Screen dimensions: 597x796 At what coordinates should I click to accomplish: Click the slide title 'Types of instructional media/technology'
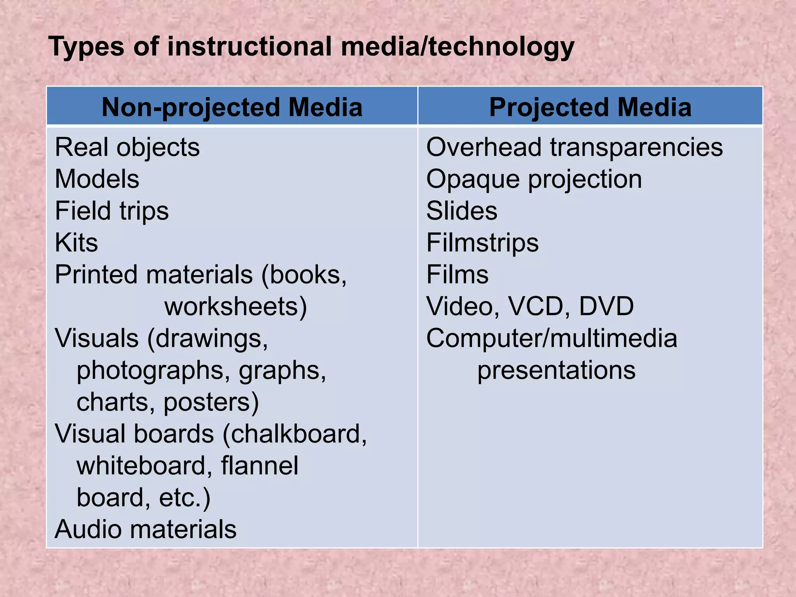point(311,47)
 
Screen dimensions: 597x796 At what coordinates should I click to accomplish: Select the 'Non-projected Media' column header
point(232,107)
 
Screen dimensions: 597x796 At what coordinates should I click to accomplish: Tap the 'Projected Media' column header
point(590,107)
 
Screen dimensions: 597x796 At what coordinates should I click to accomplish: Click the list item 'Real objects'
point(127,148)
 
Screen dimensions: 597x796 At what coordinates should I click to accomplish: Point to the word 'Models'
point(97,180)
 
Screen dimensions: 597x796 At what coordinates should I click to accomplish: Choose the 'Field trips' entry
point(112,211)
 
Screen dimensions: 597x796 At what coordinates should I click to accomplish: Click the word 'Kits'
point(76,243)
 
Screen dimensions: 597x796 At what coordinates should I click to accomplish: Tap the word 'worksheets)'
point(236,307)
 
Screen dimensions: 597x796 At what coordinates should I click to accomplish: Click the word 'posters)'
point(211,402)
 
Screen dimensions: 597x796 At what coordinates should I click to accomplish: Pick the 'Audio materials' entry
point(145,529)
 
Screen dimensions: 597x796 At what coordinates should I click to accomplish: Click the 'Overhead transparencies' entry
point(574,148)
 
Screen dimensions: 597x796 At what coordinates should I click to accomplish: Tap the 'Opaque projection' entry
point(534,180)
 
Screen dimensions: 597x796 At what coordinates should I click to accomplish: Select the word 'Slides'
point(462,211)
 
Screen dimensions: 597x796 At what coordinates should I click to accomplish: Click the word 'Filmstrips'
point(482,243)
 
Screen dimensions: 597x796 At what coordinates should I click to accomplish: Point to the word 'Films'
point(457,275)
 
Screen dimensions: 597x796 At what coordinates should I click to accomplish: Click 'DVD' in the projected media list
point(606,306)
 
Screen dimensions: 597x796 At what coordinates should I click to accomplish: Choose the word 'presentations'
point(556,370)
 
